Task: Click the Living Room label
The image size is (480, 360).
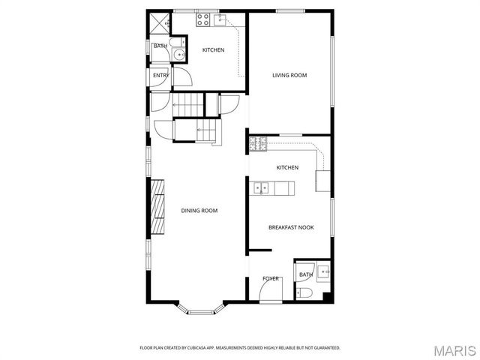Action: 289,75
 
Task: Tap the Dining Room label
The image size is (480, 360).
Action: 199,211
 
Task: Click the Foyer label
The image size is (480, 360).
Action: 271,279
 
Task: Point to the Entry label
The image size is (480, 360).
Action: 160,76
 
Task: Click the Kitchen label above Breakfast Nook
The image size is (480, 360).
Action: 287,167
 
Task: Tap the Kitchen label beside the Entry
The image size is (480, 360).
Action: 213,50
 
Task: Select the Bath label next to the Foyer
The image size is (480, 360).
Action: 305,275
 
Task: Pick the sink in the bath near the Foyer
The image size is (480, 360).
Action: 322,271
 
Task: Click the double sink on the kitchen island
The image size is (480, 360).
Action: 261,187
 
